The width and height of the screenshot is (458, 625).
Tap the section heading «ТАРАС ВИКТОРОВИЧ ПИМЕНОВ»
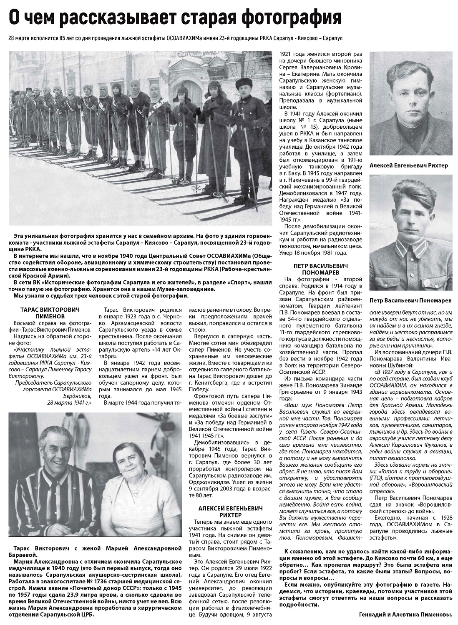tap(50, 313)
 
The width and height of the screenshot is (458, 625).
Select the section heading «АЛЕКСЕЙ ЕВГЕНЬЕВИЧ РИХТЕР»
tap(231, 512)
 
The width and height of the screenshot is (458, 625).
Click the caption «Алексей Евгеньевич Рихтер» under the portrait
tap(409, 165)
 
